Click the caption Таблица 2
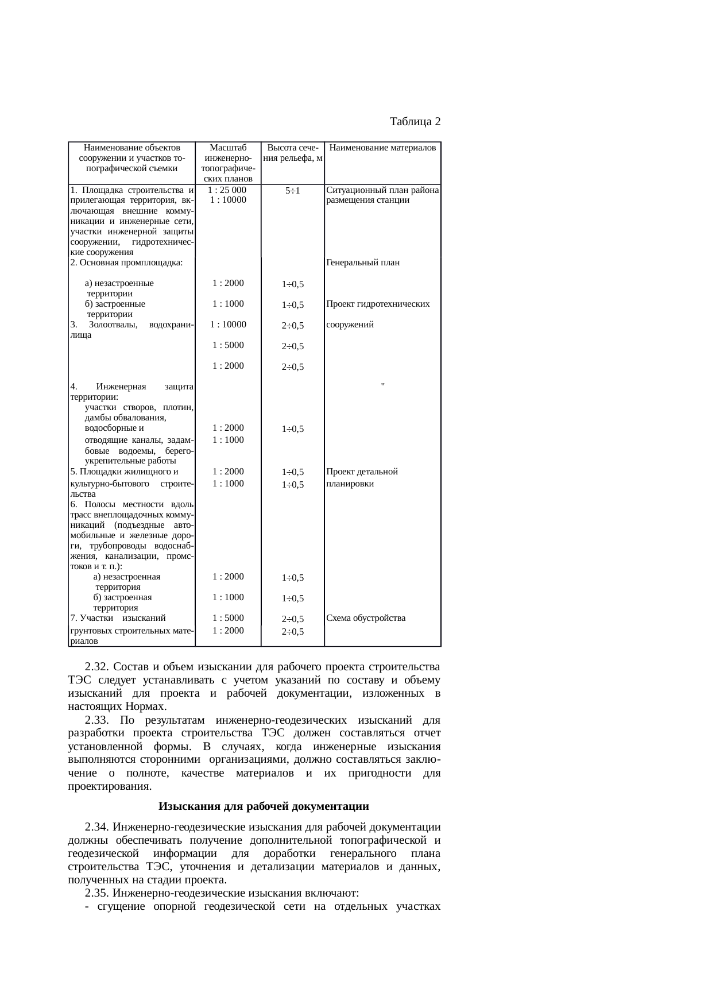pos(415,122)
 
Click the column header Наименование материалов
pos(382,148)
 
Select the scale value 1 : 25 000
pos(228,190)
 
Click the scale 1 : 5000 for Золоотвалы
pos(228,345)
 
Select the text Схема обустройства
pos(365,618)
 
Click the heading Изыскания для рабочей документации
pos(264,806)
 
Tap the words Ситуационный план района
pos(382,190)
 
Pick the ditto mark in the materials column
pos(382,385)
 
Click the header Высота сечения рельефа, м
pos(293,153)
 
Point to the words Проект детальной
pos(362,472)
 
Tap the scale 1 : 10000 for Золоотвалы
pos(228,325)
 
